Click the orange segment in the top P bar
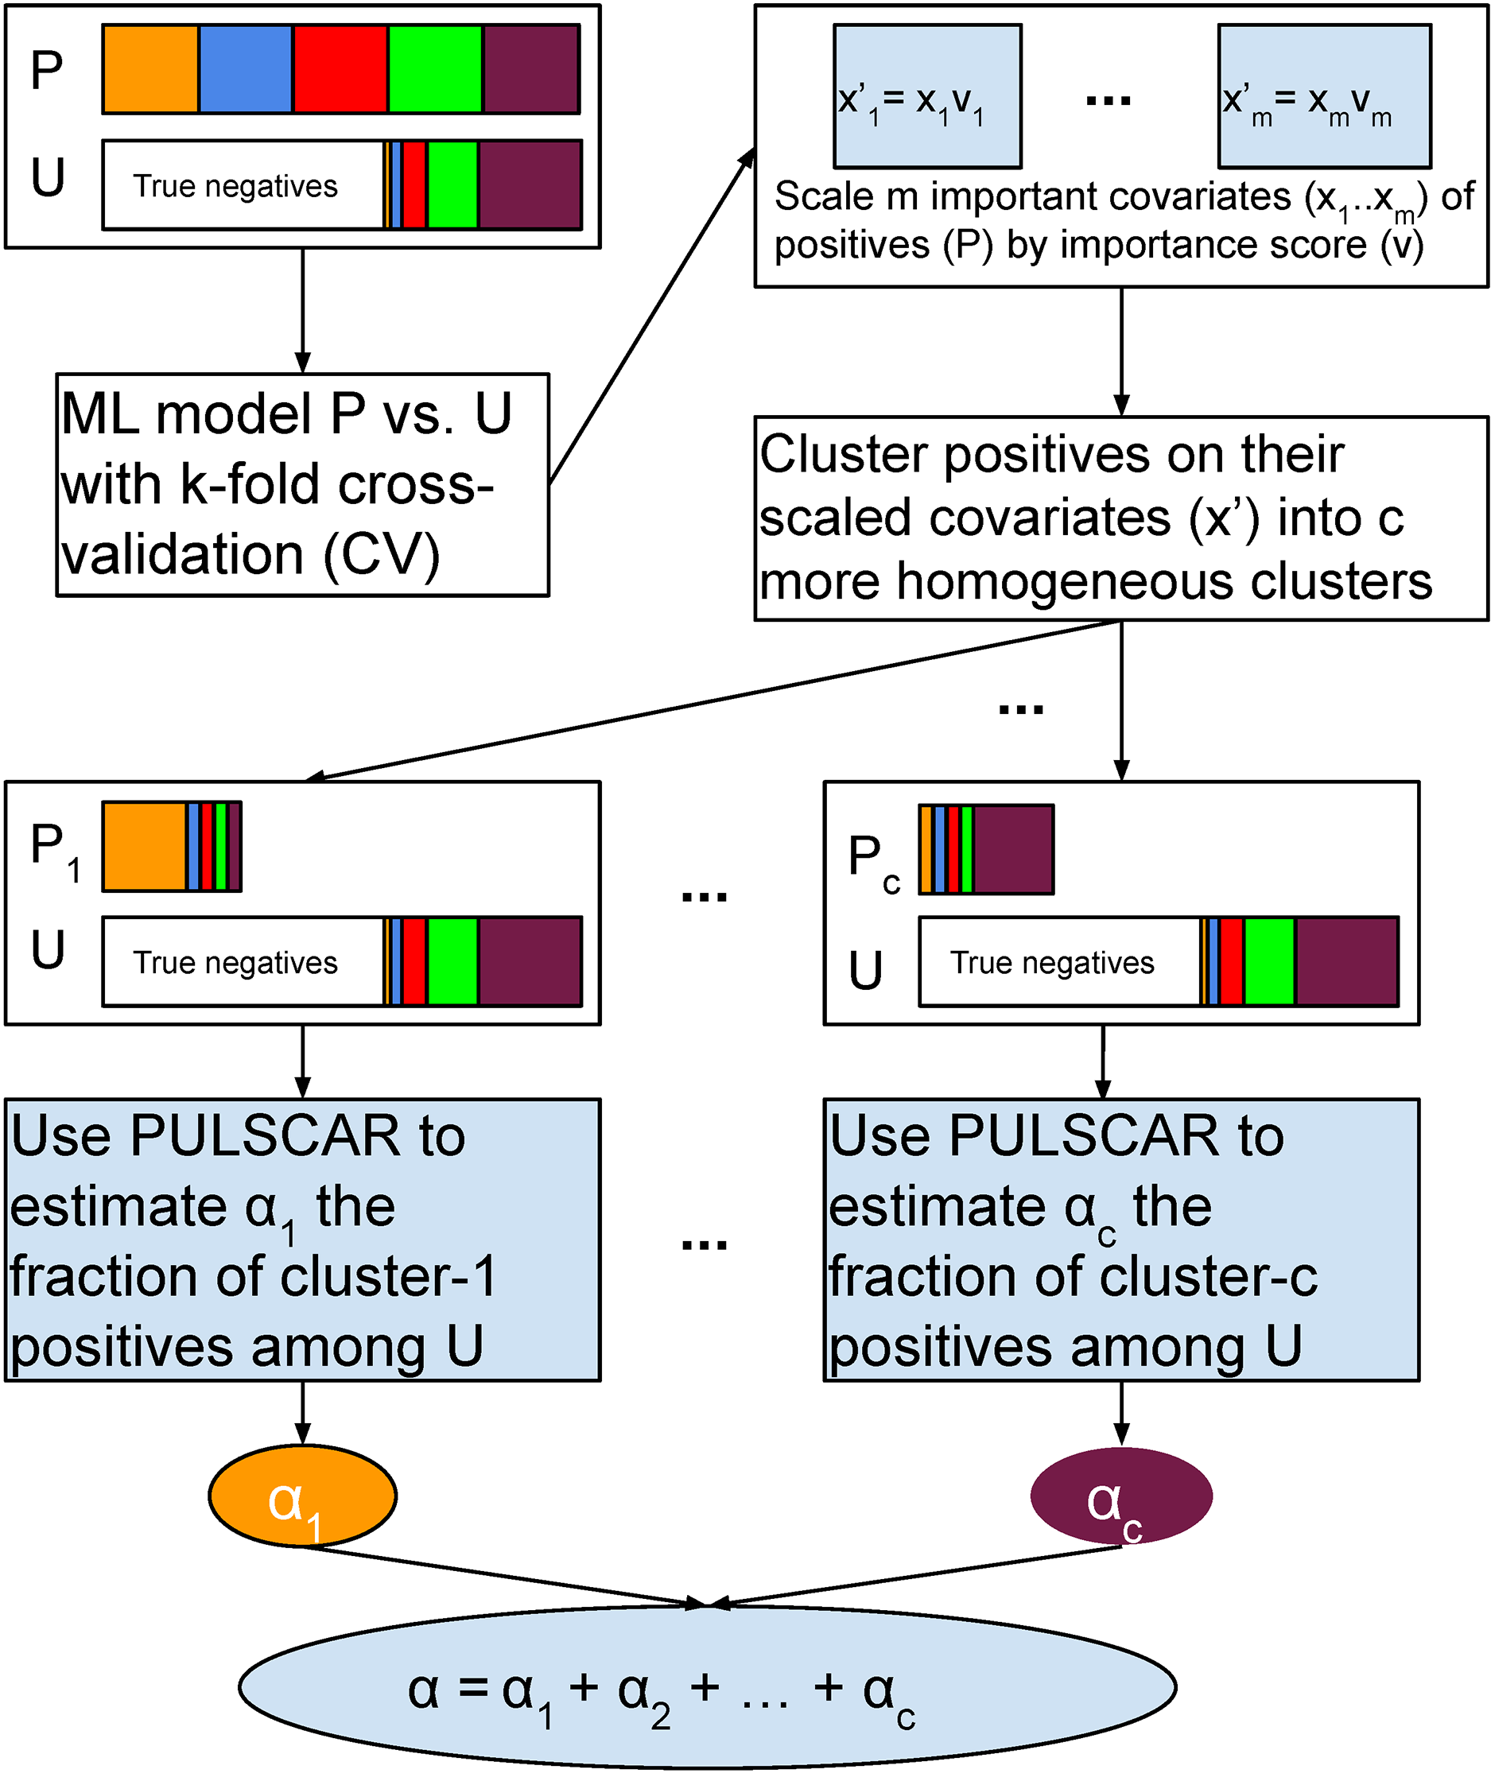(x=150, y=68)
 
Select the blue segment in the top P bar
(x=246, y=68)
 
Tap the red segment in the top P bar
(x=340, y=68)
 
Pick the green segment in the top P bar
(x=435, y=68)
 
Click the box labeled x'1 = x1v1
(x=926, y=96)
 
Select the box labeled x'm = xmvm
(x=1323, y=96)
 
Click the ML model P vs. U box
(x=302, y=484)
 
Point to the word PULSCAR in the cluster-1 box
(x=264, y=1136)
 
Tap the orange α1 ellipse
(x=302, y=1497)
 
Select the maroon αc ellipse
(x=1120, y=1497)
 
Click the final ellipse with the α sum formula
(x=706, y=1688)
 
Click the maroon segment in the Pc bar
(x=1012, y=849)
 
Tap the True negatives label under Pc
(x=1052, y=963)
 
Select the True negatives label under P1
(x=235, y=963)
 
